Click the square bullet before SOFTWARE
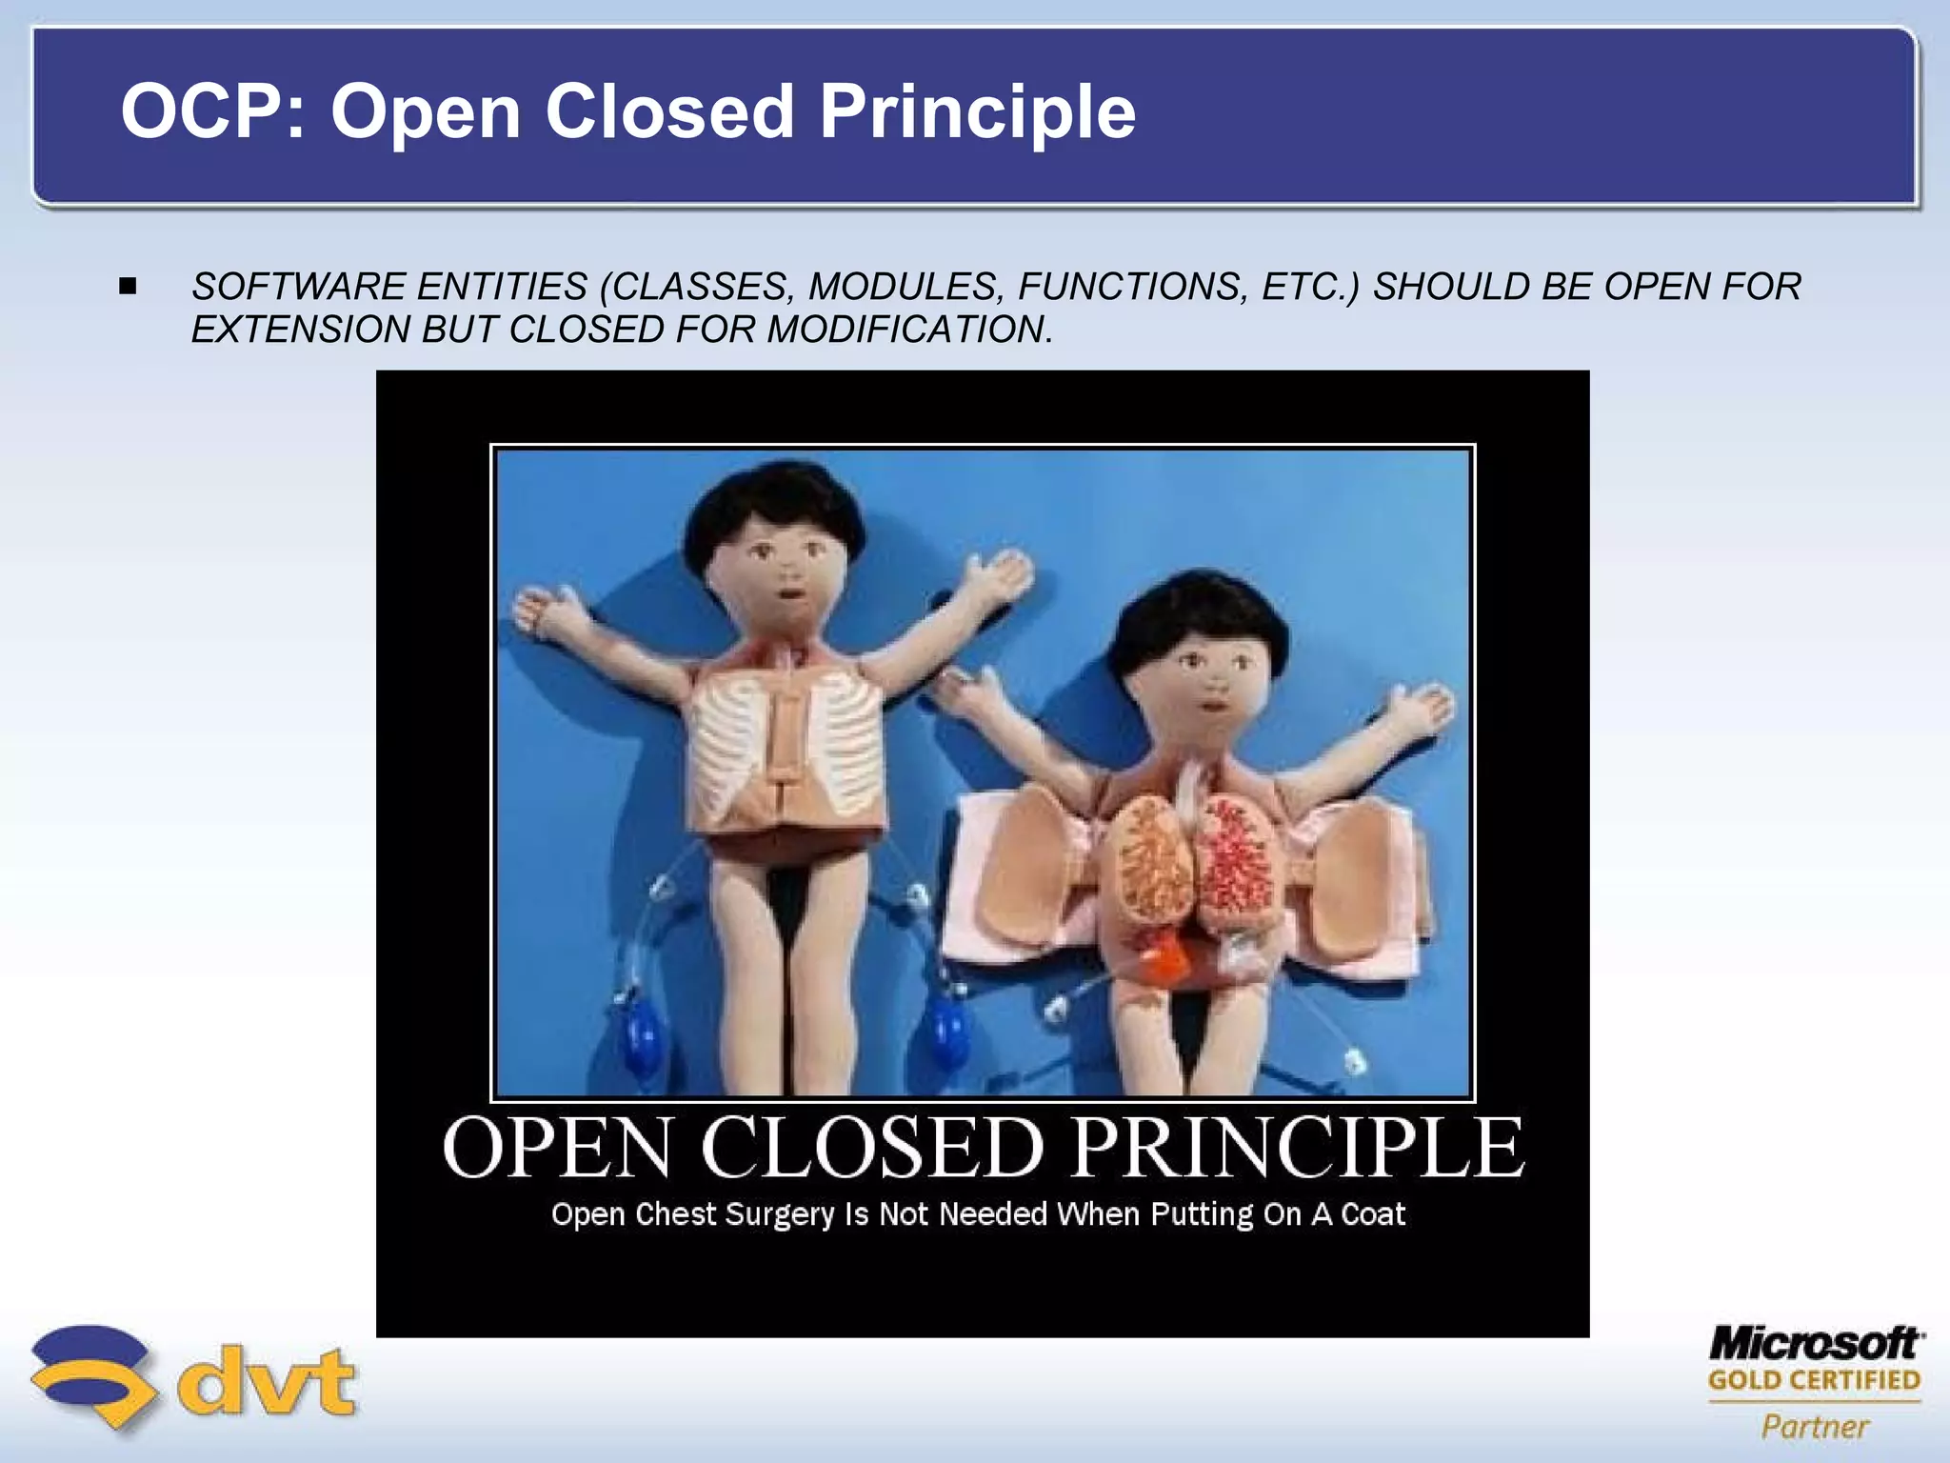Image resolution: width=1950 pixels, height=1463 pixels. coord(129,286)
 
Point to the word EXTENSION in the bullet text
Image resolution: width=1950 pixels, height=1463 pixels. coord(301,330)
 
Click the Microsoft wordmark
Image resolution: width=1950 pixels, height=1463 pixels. coord(1816,1344)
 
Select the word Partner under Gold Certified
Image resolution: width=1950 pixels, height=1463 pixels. coord(1815,1426)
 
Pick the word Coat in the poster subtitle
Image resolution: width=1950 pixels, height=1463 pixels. coord(1373,1214)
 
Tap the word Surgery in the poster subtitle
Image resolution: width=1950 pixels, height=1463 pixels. coord(779,1215)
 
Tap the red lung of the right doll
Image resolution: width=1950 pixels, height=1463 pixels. coord(1234,862)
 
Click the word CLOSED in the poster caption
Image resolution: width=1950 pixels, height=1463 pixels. coord(872,1149)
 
